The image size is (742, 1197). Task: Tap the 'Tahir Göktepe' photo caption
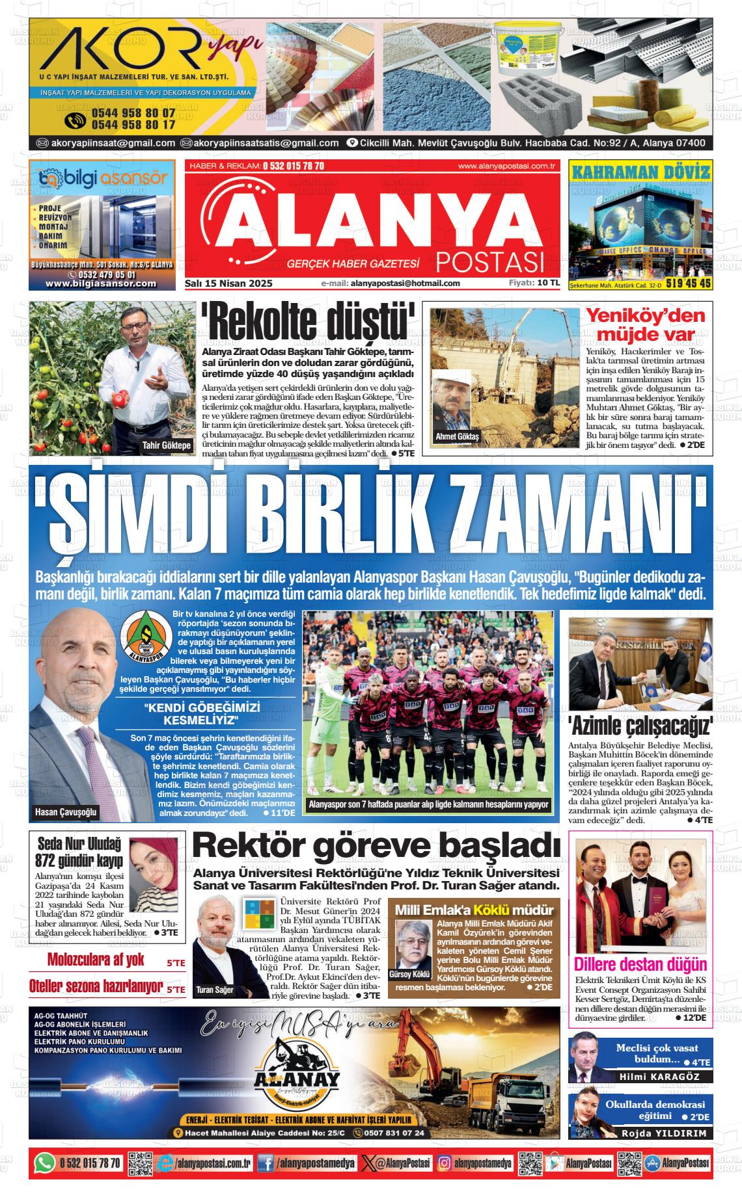point(167,445)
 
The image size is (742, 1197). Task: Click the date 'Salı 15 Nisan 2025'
point(228,283)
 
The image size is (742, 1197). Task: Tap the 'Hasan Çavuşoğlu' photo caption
point(66,812)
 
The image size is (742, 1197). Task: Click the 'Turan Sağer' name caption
point(214,990)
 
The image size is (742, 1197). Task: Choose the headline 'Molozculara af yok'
point(96,960)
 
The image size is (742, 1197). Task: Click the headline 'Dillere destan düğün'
point(640,964)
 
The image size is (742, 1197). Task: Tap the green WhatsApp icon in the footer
point(44,1163)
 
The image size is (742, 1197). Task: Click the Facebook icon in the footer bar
point(265,1163)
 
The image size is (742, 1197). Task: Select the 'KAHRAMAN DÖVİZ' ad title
point(640,172)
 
